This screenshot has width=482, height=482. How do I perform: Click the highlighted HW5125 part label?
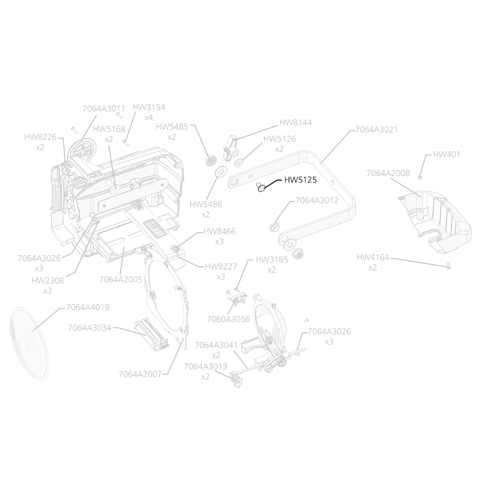click(x=300, y=180)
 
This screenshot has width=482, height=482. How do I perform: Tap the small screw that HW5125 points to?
click(x=260, y=187)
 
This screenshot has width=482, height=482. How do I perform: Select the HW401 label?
click(x=446, y=154)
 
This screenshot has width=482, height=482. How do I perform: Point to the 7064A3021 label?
click(x=376, y=130)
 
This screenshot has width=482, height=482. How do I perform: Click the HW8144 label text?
click(x=296, y=122)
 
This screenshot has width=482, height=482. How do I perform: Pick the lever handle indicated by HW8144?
click(x=231, y=148)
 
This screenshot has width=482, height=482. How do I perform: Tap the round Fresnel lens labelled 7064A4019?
click(x=29, y=343)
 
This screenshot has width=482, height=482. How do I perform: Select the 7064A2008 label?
click(x=388, y=173)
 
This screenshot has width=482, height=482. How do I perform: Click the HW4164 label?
click(x=373, y=257)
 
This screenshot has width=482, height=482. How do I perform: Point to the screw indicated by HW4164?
click(x=448, y=265)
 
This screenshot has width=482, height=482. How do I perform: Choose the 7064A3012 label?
click(x=317, y=200)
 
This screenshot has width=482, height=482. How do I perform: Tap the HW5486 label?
click(x=206, y=204)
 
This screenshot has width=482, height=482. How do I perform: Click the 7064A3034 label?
click(x=90, y=328)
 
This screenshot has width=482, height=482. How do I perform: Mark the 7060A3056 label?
click(x=228, y=319)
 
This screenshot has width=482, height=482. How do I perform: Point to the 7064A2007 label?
click(x=140, y=374)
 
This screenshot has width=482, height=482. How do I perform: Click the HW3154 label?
click(x=149, y=107)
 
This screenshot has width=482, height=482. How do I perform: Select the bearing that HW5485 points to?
click(x=210, y=161)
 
